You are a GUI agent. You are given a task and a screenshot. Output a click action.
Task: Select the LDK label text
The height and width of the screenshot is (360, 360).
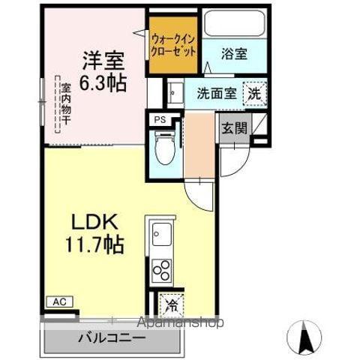pos(94,222)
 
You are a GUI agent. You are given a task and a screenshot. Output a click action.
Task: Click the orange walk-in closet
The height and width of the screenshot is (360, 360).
pos(173,46)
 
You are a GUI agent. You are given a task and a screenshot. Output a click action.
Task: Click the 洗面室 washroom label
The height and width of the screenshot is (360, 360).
pos(217,94)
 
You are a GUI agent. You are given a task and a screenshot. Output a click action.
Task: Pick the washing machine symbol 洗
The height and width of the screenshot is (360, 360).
pos(256,94)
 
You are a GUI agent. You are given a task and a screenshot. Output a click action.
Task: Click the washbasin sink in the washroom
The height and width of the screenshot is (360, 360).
pos(173,93)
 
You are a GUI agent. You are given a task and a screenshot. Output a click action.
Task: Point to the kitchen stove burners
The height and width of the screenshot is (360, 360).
pos(161,268)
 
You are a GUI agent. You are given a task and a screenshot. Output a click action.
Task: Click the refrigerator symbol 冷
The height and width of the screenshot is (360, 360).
pos(172,305)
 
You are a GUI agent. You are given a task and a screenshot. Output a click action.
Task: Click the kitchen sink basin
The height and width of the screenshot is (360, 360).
pos(161,233)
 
